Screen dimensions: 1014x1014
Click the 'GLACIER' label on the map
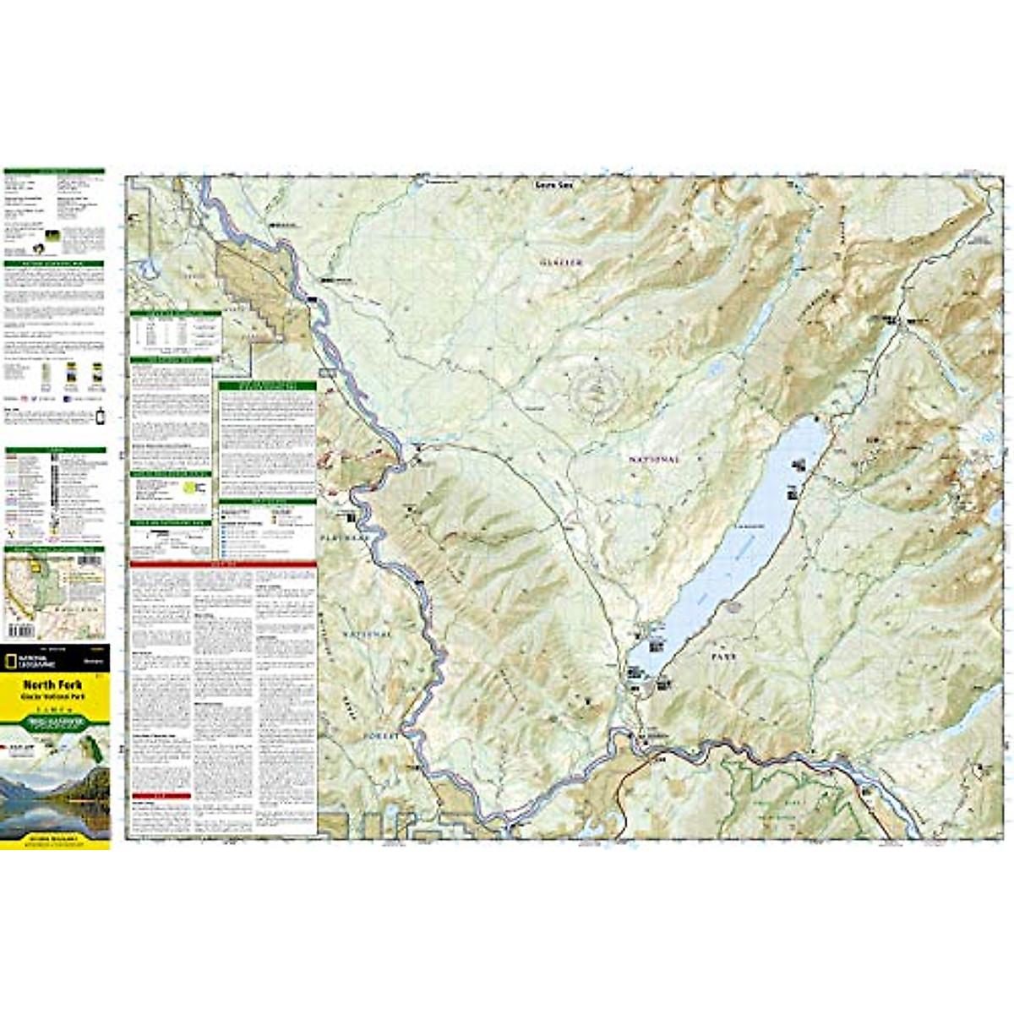(x=562, y=263)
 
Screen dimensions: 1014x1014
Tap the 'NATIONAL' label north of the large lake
(x=654, y=460)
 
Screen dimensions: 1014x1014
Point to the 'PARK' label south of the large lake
(x=723, y=656)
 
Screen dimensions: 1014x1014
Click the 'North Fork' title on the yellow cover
(x=41, y=684)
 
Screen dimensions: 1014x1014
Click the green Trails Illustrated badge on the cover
(x=56, y=722)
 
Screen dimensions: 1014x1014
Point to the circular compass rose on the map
(x=597, y=390)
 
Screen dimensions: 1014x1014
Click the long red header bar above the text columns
(x=223, y=564)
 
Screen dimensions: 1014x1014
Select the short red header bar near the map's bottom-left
(x=161, y=796)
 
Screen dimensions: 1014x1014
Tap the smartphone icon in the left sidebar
(x=100, y=417)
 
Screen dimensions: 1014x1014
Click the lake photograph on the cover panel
(x=55, y=794)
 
